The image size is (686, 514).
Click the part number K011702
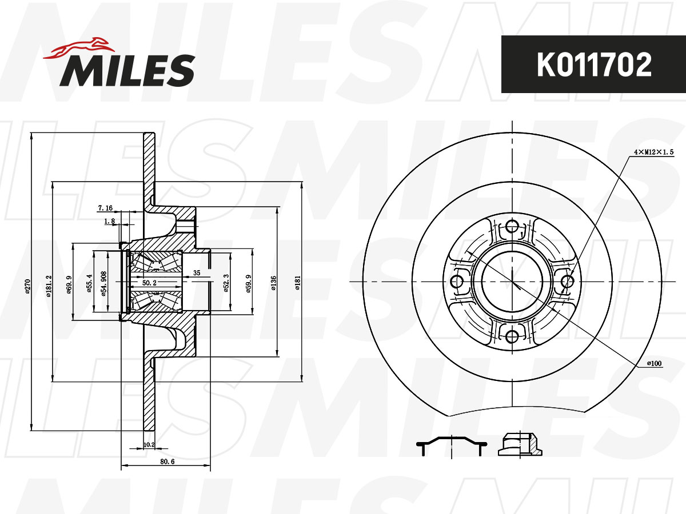[594, 65]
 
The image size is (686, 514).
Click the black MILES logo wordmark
[127, 70]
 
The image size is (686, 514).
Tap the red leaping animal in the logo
[79, 49]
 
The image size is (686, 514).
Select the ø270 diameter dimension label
[27, 286]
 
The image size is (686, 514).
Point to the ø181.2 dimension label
[49, 286]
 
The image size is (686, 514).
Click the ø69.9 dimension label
[69, 284]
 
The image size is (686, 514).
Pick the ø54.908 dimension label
[104, 284]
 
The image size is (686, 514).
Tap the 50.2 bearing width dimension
[149, 283]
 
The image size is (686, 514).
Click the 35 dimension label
[197, 273]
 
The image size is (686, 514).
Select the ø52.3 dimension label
[226, 283]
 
